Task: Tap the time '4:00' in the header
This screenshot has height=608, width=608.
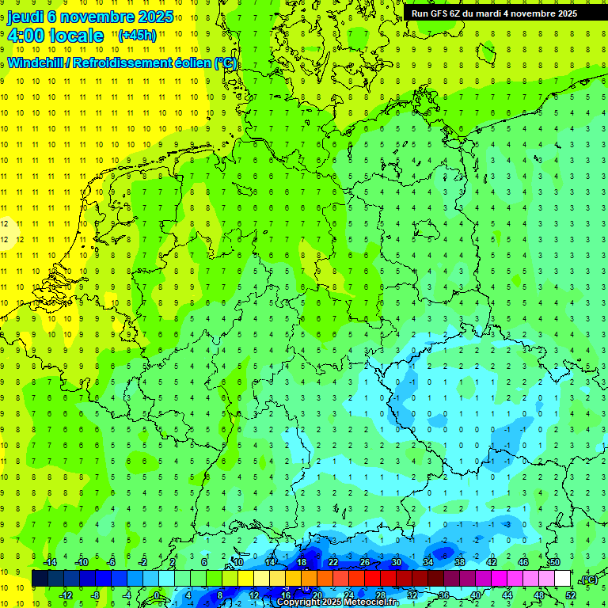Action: (x=26, y=36)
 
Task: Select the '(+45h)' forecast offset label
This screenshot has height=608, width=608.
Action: (x=136, y=36)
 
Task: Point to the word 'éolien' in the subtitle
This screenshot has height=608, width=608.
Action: (x=189, y=63)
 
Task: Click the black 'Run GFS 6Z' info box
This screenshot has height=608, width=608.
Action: (x=494, y=13)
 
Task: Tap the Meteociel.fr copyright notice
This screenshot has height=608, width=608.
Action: (x=337, y=602)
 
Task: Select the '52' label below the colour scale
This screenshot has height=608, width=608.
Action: (x=571, y=595)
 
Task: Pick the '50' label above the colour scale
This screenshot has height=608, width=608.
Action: (x=555, y=562)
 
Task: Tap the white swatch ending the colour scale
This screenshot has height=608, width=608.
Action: (x=563, y=579)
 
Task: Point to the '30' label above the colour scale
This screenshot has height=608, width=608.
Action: (x=397, y=562)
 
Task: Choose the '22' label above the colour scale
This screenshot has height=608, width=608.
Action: (x=333, y=562)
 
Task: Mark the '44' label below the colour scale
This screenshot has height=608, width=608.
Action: (x=507, y=595)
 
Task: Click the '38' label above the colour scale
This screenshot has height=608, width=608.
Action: (x=460, y=562)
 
